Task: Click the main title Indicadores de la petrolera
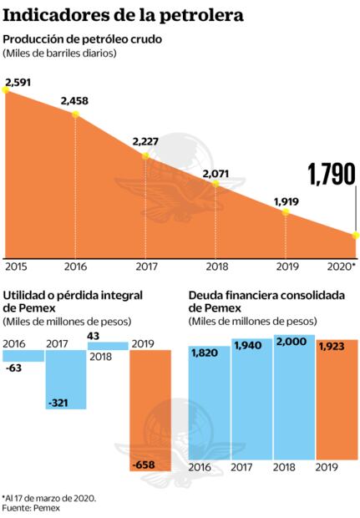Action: point(124,14)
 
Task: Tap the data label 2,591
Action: point(18,82)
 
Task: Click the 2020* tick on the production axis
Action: point(342,266)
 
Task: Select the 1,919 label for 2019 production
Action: point(286,201)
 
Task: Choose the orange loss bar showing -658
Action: point(150,409)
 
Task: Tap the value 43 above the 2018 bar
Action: point(94,336)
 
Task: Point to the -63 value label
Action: point(13,366)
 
